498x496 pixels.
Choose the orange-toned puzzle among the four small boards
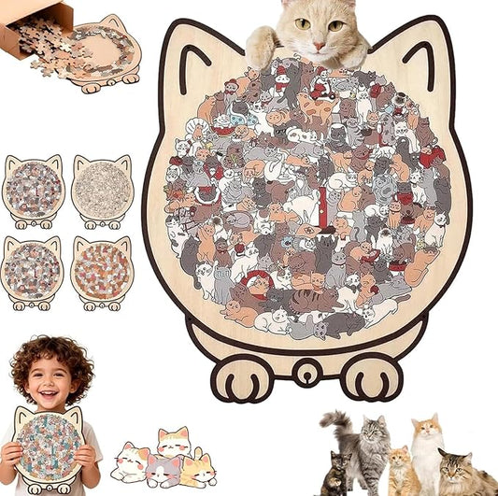click(x=103, y=273)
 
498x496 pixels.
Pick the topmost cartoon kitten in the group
click(x=174, y=440)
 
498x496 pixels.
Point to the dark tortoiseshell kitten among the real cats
click(x=334, y=477)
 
